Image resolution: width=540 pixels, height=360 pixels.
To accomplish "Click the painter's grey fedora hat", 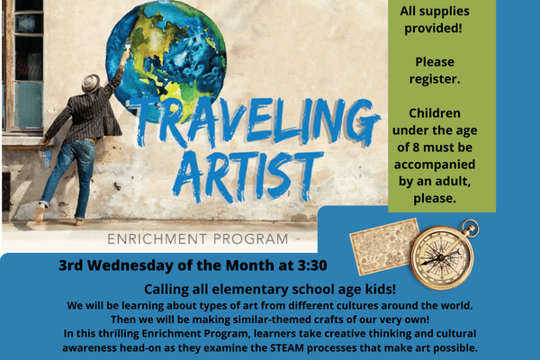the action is [x=91, y=83].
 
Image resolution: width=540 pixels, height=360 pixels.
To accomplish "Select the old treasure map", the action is [x=383, y=247].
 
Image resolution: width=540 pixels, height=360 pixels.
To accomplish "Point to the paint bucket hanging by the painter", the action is [x=46, y=157].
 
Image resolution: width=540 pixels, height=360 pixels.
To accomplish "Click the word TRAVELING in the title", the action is [x=256, y=122].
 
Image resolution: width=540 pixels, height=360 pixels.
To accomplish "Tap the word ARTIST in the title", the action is [x=248, y=176].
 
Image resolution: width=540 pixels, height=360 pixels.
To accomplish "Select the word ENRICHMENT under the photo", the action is [x=157, y=239].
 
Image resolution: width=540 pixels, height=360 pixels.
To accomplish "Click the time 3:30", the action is [x=312, y=265].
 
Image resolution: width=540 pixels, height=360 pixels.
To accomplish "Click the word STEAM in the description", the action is [x=287, y=347].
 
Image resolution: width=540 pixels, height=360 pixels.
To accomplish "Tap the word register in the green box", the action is [x=435, y=79].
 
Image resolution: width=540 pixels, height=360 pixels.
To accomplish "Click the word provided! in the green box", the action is [x=433, y=28].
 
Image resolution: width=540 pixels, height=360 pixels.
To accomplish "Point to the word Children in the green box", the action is [x=435, y=113].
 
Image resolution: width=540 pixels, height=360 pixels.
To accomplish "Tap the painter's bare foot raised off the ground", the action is [x=40, y=213].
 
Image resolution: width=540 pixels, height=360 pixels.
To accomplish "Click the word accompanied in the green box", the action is [x=435, y=165].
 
